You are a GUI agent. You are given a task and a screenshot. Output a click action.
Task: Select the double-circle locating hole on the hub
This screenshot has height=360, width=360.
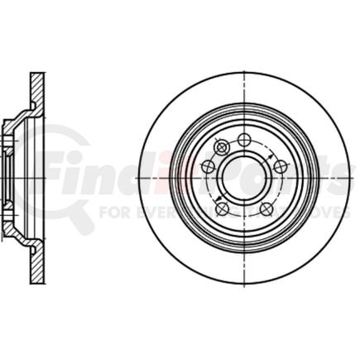pos(221,147)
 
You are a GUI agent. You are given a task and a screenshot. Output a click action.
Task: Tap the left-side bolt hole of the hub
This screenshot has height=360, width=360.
pos(208,166)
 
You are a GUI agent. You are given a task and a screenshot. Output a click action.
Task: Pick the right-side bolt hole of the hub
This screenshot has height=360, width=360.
pos(281,166)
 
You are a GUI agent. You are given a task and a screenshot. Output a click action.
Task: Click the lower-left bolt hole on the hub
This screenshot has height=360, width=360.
pos(222,209)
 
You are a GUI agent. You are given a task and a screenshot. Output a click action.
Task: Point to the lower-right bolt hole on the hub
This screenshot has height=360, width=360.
pos(266,209)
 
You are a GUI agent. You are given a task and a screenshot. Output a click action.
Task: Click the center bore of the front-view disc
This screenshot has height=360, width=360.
pos(244,178)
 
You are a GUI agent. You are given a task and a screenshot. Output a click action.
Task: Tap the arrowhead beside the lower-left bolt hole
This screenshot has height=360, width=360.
pos(217,199)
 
